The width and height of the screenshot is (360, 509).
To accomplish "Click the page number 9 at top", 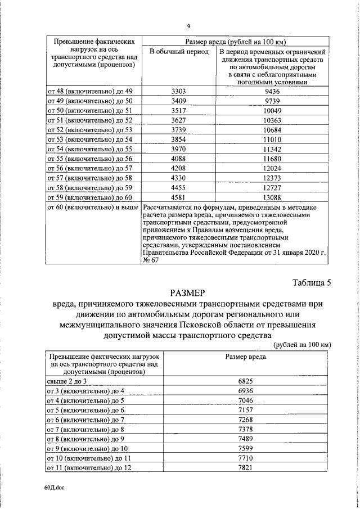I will point(190,26).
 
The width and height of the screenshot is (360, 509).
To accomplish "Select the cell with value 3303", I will point(178,91).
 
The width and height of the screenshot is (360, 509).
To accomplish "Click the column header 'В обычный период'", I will point(178,52).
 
